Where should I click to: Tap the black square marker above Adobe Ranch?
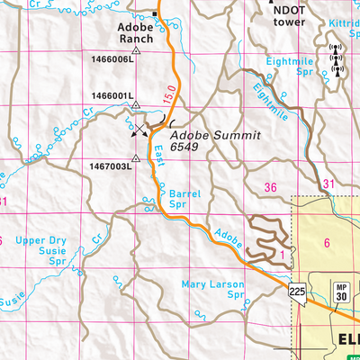[x=154, y=15]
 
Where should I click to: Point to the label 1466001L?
[x=112, y=94]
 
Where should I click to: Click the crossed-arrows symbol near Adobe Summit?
[x=139, y=130]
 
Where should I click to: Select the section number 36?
[x=271, y=187]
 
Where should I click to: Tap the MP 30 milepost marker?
[x=342, y=290]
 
